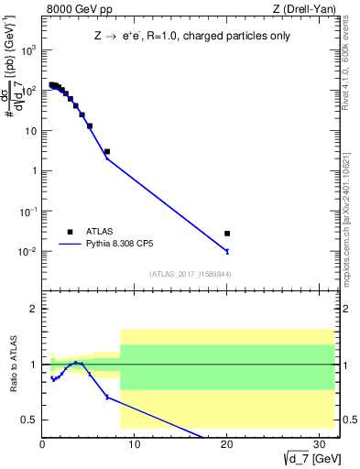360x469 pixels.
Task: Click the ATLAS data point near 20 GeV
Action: pos(227,234)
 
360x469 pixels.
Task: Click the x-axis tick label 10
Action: pos(135,445)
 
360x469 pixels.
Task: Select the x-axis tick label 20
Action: pos(227,445)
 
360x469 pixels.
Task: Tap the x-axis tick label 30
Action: pos(320,445)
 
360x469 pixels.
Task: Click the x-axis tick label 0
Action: pos(42,445)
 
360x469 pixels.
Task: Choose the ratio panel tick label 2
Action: pos(33,309)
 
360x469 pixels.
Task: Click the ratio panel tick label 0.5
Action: pos(29,420)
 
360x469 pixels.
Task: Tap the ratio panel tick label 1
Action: pos(33,365)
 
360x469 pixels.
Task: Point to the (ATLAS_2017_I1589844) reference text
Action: pos(190,274)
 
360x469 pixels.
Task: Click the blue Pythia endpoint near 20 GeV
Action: pos(227,251)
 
